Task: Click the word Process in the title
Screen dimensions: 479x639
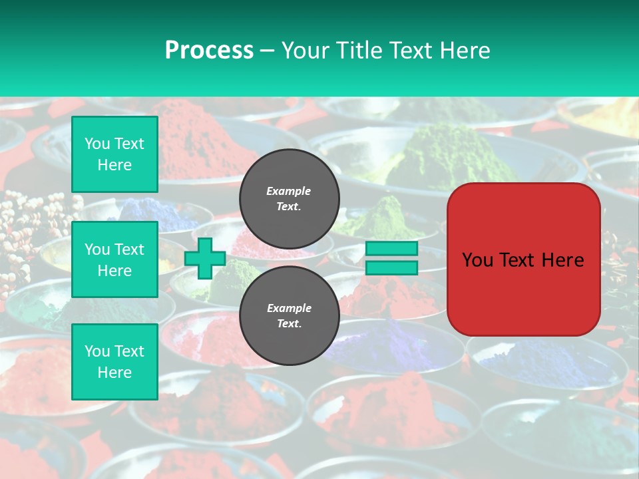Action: click(209, 50)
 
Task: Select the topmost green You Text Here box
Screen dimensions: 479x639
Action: click(114, 154)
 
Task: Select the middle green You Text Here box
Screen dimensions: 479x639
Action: click(114, 259)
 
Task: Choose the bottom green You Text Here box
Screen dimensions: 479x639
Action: click(114, 362)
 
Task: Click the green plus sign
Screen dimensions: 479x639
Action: click(204, 258)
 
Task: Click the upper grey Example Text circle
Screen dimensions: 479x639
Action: click(290, 198)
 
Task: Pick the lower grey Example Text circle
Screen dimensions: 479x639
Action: click(290, 315)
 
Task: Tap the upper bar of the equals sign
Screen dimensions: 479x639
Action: click(391, 249)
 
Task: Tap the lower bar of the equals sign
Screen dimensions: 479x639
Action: click(391, 267)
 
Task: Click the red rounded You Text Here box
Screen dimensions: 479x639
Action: click(523, 259)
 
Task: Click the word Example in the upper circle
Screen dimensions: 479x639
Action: click(289, 191)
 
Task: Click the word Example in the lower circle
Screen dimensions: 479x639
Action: click(289, 308)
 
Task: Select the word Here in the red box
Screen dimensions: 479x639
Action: click(563, 260)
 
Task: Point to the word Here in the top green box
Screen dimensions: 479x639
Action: click(114, 165)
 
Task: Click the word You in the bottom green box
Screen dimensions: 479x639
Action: click(97, 351)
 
